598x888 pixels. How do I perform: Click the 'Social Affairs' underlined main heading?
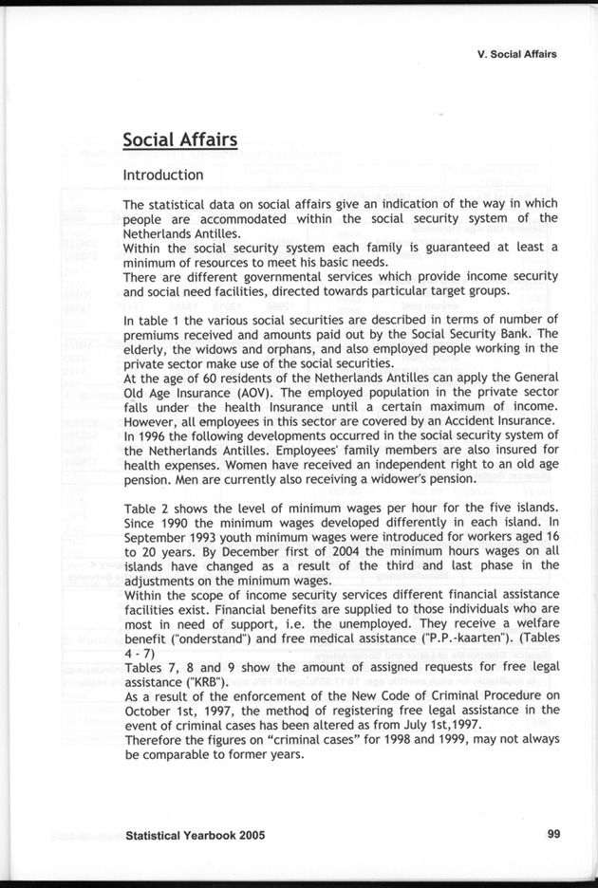coord(179,140)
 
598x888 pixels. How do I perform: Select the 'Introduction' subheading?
coord(162,176)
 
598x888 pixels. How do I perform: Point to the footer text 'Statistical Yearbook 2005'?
coord(195,836)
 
